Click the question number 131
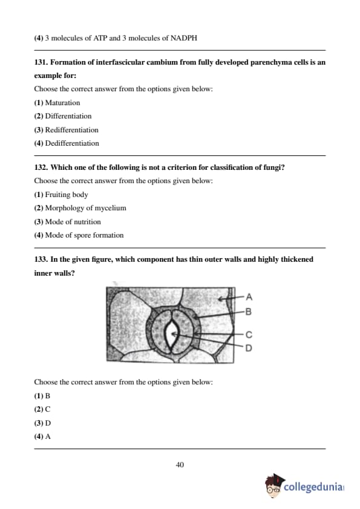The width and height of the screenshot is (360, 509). click(41, 62)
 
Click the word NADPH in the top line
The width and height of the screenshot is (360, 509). click(183, 38)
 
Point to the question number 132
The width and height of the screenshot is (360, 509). click(41, 167)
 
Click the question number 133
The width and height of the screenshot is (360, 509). click(41, 259)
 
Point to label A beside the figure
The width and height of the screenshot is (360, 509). click(249, 297)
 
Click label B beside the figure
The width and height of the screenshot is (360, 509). click(249, 312)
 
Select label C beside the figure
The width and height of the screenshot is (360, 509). click(249, 335)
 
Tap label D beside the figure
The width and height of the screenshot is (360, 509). click(249, 348)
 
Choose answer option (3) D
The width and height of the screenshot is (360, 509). click(42, 423)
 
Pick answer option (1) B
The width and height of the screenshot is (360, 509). click(42, 396)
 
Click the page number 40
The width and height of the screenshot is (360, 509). click(180, 465)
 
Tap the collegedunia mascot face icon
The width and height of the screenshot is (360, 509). click(275, 485)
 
